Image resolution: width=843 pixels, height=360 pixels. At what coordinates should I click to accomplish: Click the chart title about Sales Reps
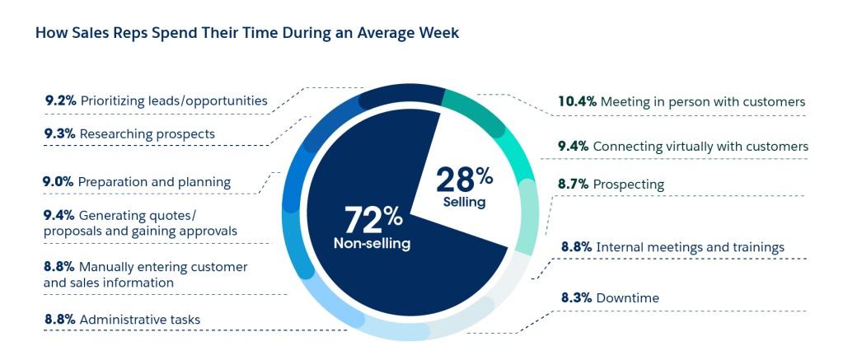pyautogui.click(x=247, y=34)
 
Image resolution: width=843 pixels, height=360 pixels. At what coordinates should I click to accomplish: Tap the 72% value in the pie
pyautogui.click(x=373, y=220)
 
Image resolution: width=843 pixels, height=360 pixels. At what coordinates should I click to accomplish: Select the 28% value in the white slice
pyautogui.click(x=464, y=179)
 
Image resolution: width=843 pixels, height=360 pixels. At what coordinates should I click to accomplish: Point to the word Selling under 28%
pyautogui.click(x=465, y=201)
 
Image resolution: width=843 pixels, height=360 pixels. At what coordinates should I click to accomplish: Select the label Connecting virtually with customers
pyautogui.click(x=700, y=146)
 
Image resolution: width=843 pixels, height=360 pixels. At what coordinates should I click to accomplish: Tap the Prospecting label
pyautogui.click(x=628, y=185)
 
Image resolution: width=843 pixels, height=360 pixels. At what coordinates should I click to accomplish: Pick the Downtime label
pyautogui.click(x=628, y=297)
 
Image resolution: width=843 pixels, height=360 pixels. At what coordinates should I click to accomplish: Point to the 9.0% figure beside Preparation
pyautogui.click(x=59, y=181)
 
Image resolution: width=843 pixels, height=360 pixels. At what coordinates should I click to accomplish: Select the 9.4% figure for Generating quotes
pyautogui.click(x=59, y=215)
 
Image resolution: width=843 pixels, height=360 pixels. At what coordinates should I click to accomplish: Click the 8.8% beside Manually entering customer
pyautogui.click(x=59, y=267)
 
